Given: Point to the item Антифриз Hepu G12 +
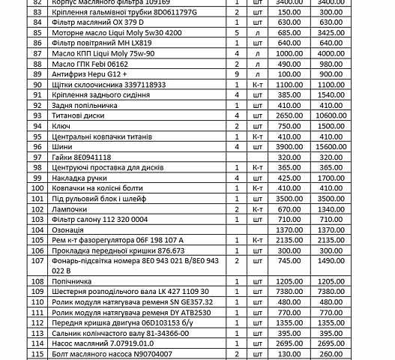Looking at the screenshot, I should tap(89, 75).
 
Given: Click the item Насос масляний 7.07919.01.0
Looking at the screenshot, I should tap(101, 343).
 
